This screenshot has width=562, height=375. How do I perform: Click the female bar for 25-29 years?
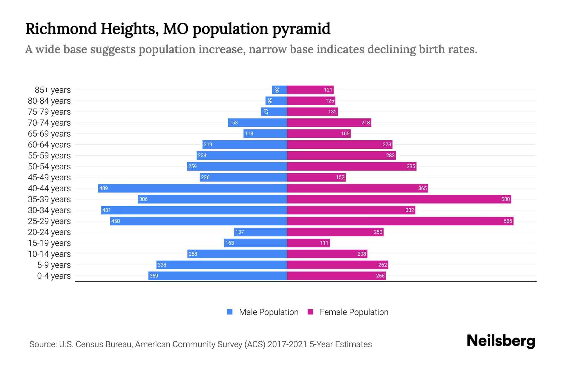click(x=400, y=221)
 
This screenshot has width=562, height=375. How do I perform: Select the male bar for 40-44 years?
click(x=192, y=188)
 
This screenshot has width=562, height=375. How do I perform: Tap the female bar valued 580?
click(x=399, y=199)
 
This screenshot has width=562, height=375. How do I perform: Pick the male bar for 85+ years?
click(x=279, y=90)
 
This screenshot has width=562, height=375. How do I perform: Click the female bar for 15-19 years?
click(x=308, y=243)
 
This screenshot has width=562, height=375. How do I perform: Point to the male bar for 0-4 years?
click(x=218, y=276)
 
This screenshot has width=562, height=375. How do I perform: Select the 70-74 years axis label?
click(x=49, y=123)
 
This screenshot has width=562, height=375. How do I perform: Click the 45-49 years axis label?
click(x=49, y=177)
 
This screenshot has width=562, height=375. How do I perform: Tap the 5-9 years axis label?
click(x=54, y=265)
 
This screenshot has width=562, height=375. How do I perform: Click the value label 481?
click(x=106, y=210)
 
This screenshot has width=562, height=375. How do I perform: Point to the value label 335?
click(x=411, y=167)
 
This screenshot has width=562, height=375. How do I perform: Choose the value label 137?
click(x=239, y=232)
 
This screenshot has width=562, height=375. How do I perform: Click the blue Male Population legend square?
click(x=230, y=312)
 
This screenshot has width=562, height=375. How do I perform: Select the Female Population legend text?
click(x=354, y=312)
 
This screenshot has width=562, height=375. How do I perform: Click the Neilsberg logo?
click(x=501, y=341)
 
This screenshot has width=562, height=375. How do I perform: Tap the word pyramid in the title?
click(x=301, y=29)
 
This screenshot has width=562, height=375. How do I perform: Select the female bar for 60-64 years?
click(x=339, y=145)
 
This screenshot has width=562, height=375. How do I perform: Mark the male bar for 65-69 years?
click(x=265, y=134)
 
